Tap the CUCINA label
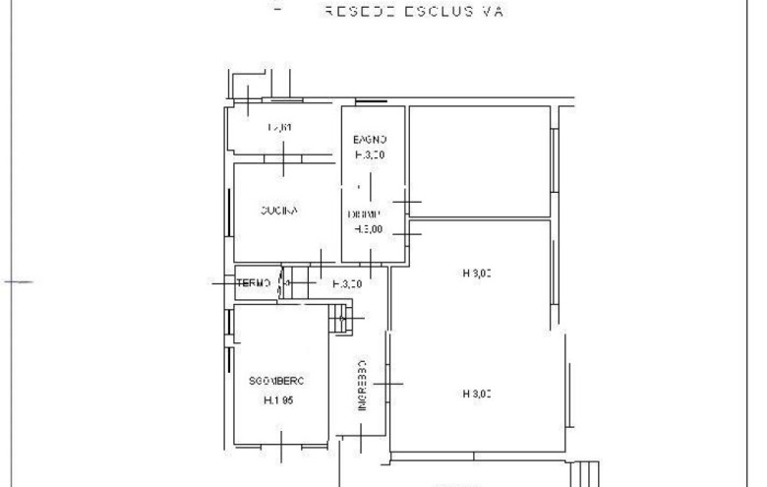tap(279, 211)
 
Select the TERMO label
tap(255, 283)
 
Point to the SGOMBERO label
tap(280, 380)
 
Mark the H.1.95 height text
tap(280, 400)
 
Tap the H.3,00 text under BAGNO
tap(370, 154)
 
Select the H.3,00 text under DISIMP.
tap(368, 228)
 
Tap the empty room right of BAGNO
tap(479, 160)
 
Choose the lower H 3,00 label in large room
tap(476, 395)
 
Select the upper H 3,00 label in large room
tap(476, 274)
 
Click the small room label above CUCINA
tap(280, 128)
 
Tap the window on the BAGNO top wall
tap(371, 100)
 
